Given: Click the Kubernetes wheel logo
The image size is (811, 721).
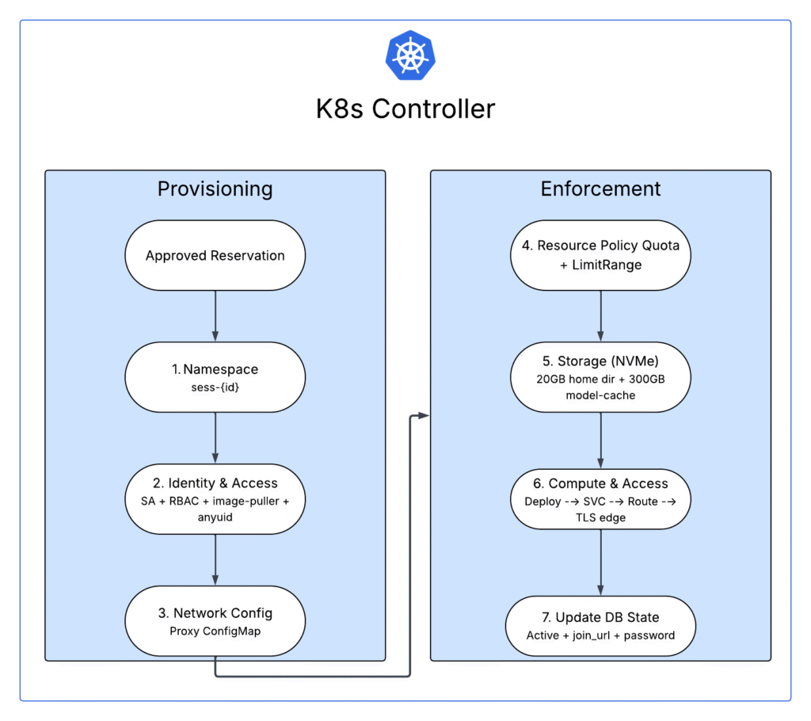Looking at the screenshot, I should [410, 55].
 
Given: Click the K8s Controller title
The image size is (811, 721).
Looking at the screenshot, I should [405, 108].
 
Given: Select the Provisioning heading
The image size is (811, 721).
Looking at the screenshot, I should [215, 189].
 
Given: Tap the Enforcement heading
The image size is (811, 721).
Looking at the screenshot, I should [600, 189].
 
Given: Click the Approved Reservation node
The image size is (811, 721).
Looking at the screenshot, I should [215, 255].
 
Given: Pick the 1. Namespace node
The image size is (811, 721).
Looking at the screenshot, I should [215, 376].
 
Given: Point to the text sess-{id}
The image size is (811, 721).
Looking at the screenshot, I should [215, 386].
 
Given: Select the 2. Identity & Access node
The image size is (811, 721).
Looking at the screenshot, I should [215, 498].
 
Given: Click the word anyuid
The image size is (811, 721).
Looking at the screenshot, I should [215, 517].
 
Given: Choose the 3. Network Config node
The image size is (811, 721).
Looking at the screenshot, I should [215, 620].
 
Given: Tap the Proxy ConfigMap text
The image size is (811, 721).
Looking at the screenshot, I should [215, 631].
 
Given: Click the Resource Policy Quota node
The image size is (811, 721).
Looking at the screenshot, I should [600, 254].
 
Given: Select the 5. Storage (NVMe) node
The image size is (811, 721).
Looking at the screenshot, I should [600, 376].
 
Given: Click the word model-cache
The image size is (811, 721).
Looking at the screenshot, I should [600, 395].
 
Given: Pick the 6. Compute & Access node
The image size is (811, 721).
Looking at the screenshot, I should [600, 498].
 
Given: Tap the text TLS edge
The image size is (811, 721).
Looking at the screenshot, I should [600, 518].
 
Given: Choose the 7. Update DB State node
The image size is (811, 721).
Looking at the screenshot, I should [600, 626].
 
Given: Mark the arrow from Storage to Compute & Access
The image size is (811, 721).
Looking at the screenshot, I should [600, 441].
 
